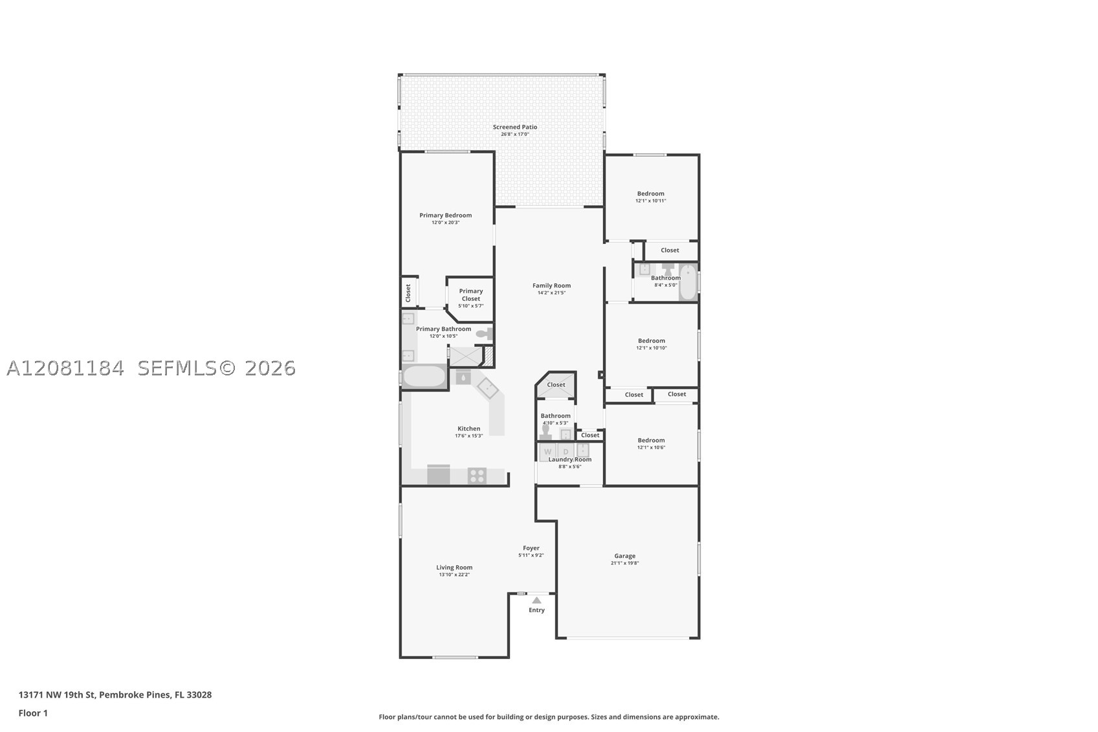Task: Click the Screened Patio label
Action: point(514,127)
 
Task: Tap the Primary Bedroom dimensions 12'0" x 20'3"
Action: point(446,223)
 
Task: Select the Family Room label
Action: point(551,285)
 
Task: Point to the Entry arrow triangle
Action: point(537,600)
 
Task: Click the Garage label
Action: point(624,556)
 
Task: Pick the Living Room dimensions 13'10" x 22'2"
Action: point(454,575)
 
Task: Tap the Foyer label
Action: point(531,548)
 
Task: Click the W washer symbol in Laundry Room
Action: point(547,452)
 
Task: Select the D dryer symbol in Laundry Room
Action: point(565,452)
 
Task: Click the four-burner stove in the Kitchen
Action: point(477,476)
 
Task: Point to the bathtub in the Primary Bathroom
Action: point(424,377)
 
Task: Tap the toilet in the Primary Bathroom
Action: point(484,335)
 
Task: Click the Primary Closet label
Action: point(471,294)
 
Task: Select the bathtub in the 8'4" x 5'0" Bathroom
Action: point(688,282)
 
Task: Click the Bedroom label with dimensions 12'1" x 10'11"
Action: point(650,194)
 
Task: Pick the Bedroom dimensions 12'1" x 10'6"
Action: point(651,448)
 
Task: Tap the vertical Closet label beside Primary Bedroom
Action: point(408,293)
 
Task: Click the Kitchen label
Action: point(468,428)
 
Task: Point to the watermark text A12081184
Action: point(66,368)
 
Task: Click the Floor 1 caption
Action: point(34,713)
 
